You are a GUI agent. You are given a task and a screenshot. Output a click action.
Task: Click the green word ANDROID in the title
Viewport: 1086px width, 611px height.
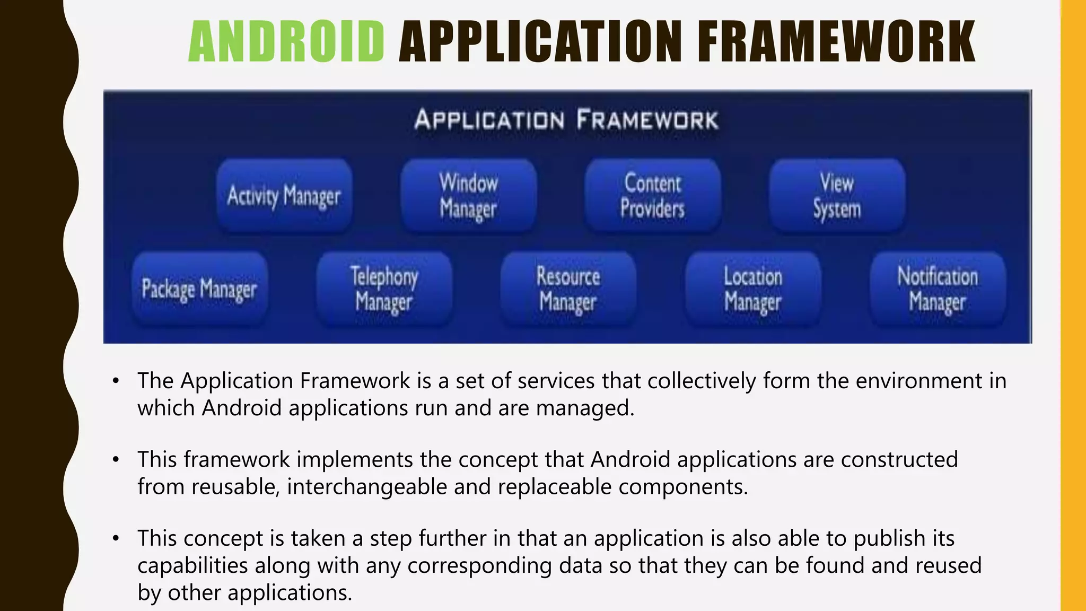pyautogui.click(x=286, y=41)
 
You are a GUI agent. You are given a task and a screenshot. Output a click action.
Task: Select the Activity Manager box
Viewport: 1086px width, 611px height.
pyautogui.click(x=284, y=196)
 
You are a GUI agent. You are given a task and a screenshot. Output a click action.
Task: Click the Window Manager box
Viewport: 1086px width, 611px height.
pyautogui.click(x=469, y=196)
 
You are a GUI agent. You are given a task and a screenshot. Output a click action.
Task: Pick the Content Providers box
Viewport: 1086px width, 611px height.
pyautogui.click(x=653, y=196)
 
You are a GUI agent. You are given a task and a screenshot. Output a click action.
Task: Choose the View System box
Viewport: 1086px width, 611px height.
pyautogui.click(x=837, y=196)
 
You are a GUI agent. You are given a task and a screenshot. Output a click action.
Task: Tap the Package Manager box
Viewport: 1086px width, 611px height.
pyautogui.click(x=199, y=289)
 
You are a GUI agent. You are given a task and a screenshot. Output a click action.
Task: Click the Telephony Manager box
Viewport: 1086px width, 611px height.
pyautogui.click(x=384, y=289)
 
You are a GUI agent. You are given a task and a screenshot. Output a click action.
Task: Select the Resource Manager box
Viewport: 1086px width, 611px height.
pyautogui.click(x=568, y=289)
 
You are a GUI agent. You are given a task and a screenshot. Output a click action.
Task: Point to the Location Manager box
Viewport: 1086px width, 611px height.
pyautogui.click(x=753, y=289)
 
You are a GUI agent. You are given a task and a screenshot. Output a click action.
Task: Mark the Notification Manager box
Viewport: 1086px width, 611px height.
pyautogui.click(x=938, y=289)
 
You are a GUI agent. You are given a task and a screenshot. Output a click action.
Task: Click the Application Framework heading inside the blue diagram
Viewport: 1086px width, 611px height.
pyautogui.click(x=566, y=119)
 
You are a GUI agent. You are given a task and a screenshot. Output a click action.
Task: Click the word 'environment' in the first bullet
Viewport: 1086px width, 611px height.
pyautogui.click(x=919, y=381)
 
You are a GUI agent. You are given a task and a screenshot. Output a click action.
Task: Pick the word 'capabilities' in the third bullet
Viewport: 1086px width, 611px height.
pyautogui.click(x=192, y=565)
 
